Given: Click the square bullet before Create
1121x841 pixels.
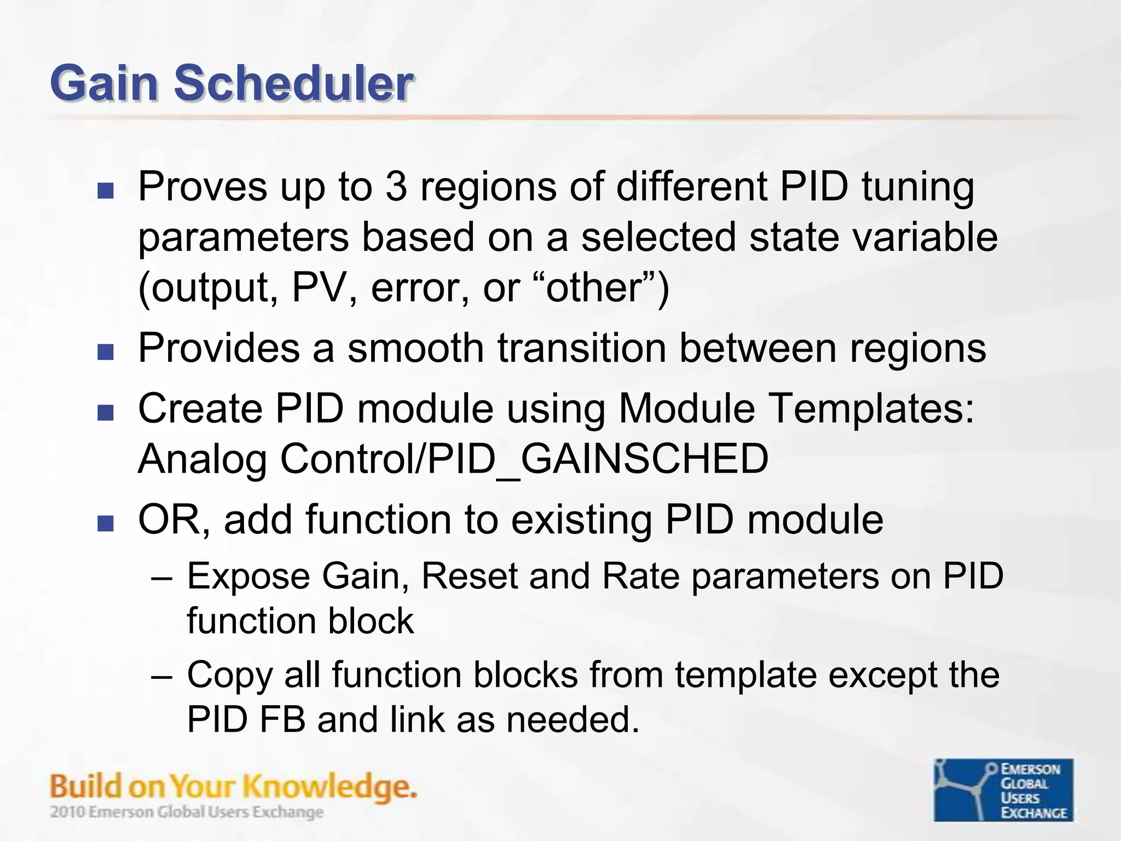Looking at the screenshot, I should click(105, 412).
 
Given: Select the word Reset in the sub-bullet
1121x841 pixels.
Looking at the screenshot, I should click(469, 576).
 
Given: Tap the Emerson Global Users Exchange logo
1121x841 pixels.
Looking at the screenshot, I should click(1003, 790).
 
